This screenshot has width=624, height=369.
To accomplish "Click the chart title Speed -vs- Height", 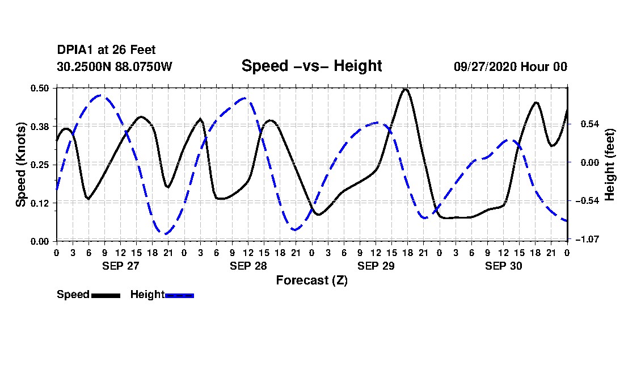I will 311,66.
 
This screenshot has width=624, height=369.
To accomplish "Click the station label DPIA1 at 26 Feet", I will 106,50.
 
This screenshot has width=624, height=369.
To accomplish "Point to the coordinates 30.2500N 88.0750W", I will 114,66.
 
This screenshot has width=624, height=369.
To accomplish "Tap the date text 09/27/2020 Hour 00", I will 510,66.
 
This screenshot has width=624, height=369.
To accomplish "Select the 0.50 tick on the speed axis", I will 41,88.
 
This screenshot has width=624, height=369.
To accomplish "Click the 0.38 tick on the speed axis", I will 41,126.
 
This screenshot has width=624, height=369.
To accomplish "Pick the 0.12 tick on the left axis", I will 41,203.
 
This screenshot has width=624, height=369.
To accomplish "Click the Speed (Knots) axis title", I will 21,164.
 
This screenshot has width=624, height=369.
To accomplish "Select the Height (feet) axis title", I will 610,164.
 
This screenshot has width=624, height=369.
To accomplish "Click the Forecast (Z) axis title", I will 311,280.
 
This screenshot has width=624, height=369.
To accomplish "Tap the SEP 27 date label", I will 120,266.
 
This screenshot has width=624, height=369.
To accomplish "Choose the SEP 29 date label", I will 376,266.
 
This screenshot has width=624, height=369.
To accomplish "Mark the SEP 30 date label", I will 503,266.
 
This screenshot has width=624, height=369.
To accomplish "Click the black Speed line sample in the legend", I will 106,295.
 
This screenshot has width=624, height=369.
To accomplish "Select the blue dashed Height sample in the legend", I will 179,295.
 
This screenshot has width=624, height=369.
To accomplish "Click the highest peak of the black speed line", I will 405,89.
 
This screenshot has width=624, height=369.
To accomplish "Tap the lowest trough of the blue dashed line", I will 165,233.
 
